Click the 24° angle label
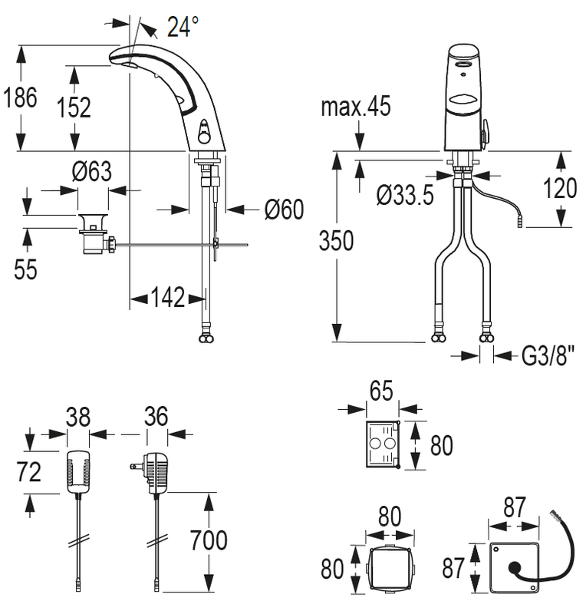point(183,27)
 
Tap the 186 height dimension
point(21,97)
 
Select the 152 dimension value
point(74,107)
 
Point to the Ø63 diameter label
point(92,171)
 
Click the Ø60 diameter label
point(285,209)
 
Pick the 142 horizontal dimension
point(167,298)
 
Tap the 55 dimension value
point(25,269)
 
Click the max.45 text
point(356,106)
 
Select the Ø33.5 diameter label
point(405,195)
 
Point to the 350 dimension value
point(336,240)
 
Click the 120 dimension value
point(560,188)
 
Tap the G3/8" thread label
point(548,355)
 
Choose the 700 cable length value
point(209,540)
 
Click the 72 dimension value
point(29,472)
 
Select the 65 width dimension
point(382,391)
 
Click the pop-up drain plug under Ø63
point(93,233)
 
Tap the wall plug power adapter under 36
point(156,473)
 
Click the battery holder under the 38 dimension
point(78,472)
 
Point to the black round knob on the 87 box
point(515,569)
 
